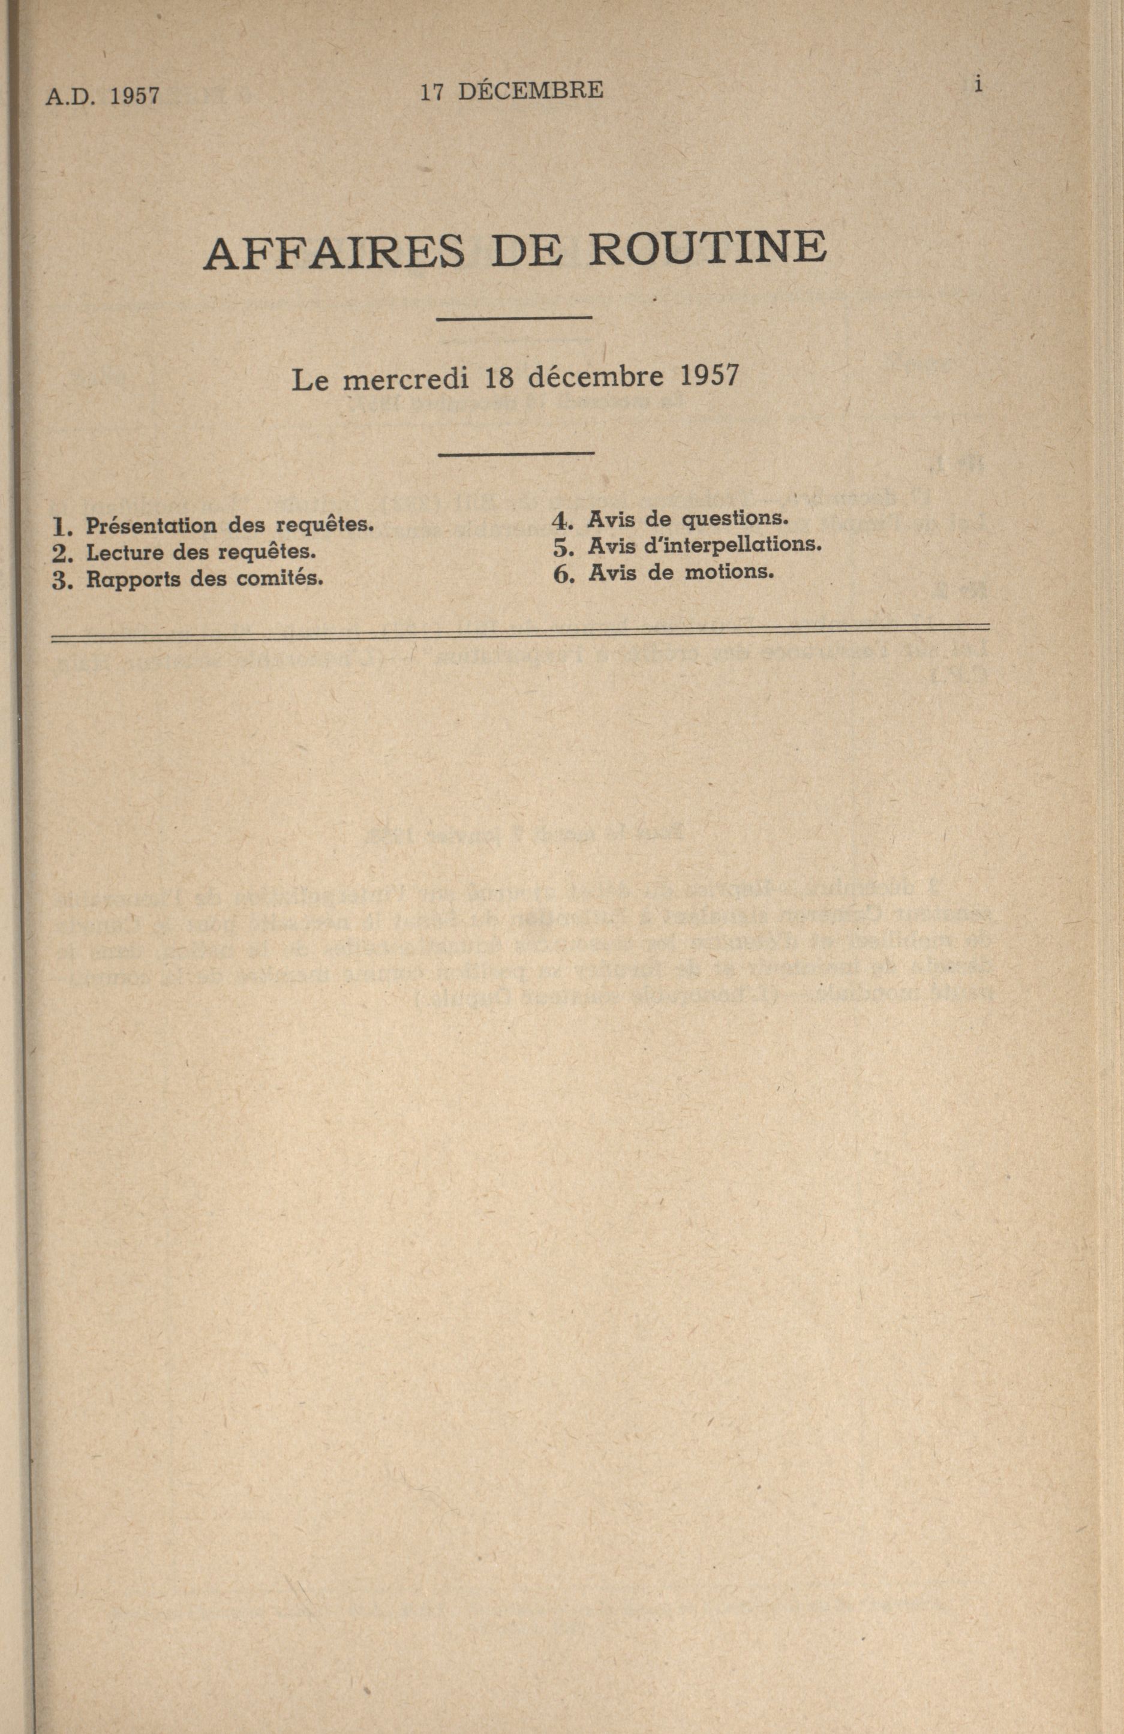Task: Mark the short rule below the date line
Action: coord(516,455)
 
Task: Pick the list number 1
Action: coord(60,527)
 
